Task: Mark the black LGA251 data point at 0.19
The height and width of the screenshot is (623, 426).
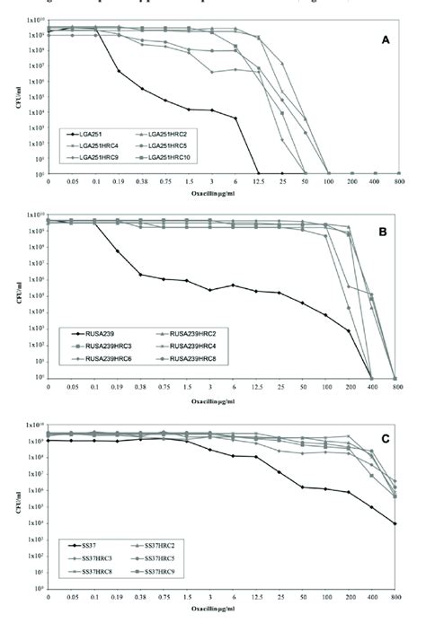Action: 119,71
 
